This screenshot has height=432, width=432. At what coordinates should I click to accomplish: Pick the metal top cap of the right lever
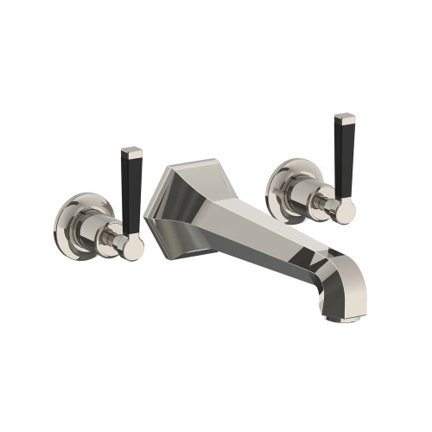[x=345, y=120]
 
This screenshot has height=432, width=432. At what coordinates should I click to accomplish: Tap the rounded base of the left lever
[x=132, y=249]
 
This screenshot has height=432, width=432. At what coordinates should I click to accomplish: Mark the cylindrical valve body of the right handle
[x=306, y=195]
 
